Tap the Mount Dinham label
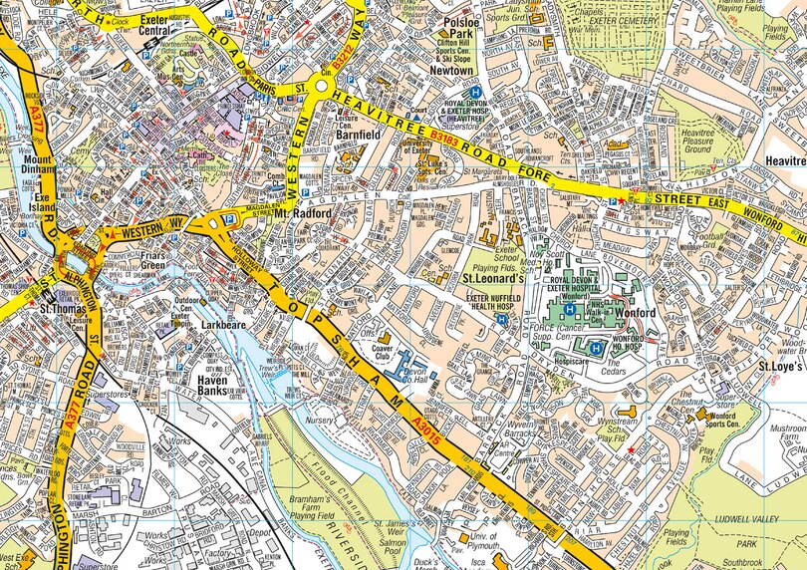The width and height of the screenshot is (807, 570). pos(38,165)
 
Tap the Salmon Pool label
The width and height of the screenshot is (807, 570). pos(387,544)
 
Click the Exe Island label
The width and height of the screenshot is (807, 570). pos(42,203)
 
